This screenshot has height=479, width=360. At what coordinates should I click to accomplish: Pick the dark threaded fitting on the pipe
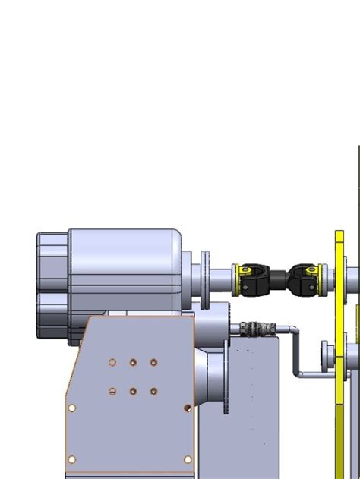pos(251,329)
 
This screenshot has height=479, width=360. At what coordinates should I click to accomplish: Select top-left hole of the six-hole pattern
pos(112,363)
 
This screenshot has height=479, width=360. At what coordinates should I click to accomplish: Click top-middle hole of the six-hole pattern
pos(133,363)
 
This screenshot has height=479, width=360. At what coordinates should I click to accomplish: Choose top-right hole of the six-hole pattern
pos(153,363)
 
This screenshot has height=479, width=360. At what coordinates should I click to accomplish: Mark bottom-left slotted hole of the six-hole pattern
pos(112,392)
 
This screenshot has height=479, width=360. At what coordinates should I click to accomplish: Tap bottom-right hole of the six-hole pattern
pos(153,392)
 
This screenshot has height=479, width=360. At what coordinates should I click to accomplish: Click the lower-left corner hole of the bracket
pos(71,459)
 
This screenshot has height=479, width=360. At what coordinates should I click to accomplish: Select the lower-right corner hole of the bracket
pos(188,459)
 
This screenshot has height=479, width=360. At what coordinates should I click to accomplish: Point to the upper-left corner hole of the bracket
pos(71,408)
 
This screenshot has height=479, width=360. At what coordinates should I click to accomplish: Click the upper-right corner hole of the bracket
pos(187,408)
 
